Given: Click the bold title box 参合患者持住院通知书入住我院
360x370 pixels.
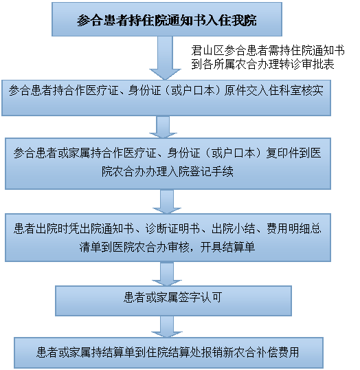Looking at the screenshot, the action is tap(167, 19).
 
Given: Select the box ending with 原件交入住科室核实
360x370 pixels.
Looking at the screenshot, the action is tap(166, 98).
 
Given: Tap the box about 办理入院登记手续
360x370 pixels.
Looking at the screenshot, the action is tap(168, 164).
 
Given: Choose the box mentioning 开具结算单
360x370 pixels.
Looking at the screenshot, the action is tap(168, 238).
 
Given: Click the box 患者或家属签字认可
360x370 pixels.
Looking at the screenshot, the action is tap(173, 301).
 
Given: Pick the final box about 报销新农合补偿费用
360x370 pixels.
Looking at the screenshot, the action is tap(168, 353).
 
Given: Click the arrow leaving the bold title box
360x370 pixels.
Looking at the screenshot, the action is tap(165, 58).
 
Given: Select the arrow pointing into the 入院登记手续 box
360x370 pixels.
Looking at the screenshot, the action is tap(163, 127).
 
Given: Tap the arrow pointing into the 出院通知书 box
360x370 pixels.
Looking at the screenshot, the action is tap(167, 202).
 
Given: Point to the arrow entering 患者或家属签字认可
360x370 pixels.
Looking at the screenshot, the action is tap(167, 274).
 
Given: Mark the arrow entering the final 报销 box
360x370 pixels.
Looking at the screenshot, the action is tap(167, 327).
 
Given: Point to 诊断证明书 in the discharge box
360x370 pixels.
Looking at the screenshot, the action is tap(172, 228).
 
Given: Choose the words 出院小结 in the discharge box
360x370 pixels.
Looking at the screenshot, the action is tap(234, 228).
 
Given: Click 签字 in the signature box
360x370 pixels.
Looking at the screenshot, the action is tap(189, 297).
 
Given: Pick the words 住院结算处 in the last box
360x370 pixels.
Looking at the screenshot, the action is tap(173, 352).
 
